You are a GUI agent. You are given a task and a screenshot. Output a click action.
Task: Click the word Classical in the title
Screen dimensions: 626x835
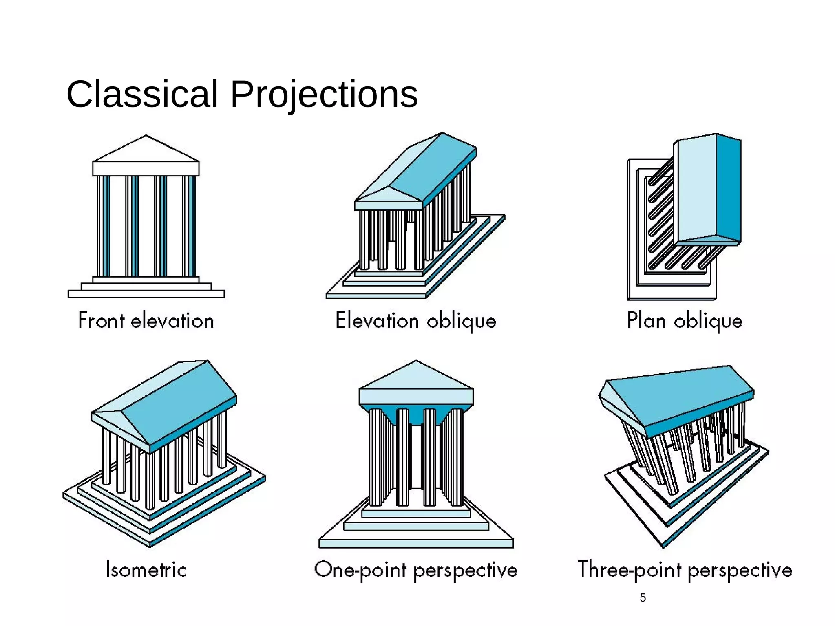pos(142,95)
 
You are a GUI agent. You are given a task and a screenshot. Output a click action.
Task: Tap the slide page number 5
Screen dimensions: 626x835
pos(643,597)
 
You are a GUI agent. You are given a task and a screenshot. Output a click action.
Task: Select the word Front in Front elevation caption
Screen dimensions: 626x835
pos(101,320)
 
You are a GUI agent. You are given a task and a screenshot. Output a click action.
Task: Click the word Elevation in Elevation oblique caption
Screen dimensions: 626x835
pos(377,320)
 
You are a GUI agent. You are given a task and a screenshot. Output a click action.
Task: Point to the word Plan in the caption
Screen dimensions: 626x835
pos(647,320)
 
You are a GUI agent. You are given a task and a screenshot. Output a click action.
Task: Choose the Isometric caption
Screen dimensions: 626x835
pos(146,569)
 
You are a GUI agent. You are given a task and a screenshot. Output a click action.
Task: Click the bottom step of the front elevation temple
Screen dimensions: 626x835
pos(146,294)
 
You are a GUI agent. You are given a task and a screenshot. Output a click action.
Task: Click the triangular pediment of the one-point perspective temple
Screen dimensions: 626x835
pos(416,377)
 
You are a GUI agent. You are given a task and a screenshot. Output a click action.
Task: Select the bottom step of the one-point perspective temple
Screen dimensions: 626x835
pos(416,543)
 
